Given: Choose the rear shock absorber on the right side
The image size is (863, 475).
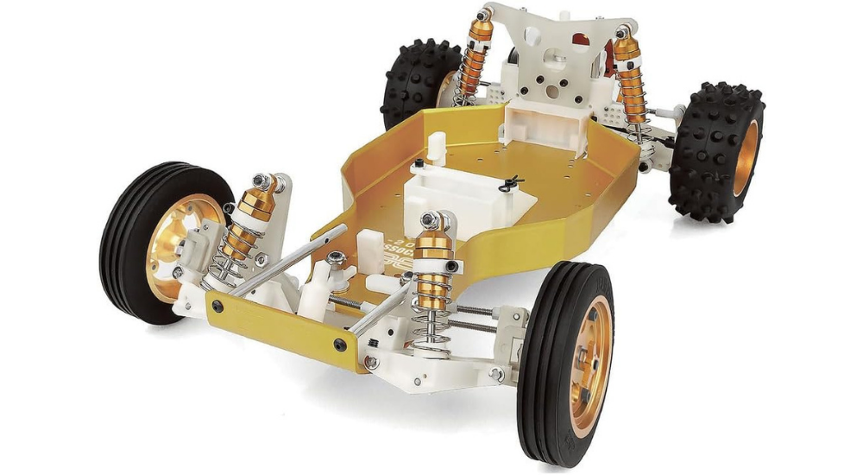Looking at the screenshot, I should point(630,82).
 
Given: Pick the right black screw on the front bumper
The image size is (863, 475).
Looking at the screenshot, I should point(340,345).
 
